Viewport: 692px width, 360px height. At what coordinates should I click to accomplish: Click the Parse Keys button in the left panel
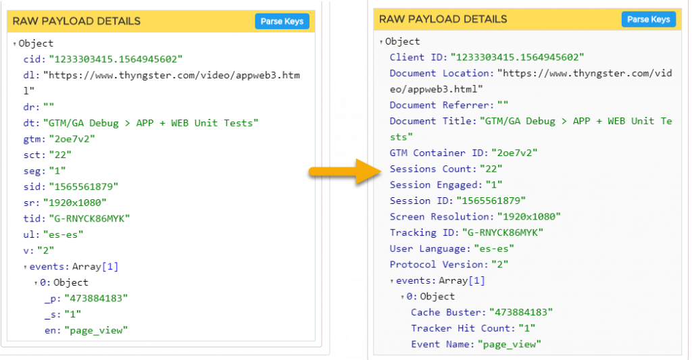pyautogui.click(x=282, y=21)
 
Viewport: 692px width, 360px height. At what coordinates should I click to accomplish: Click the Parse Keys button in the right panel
pyautogui.click(x=649, y=20)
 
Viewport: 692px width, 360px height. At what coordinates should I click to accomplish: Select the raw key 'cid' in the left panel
pyautogui.click(x=33, y=59)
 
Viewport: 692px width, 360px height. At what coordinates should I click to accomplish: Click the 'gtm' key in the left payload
pyautogui.click(x=33, y=139)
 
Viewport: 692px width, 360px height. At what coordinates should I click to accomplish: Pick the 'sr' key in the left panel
pyautogui.click(x=30, y=203)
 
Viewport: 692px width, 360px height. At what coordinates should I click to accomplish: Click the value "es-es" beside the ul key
pyautogui.click(x=63, y=234)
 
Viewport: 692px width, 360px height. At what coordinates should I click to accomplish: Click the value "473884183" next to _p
pyautogui.click(x=96, y=299)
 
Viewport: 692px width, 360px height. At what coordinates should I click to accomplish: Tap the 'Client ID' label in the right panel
pyautogui.click(x=416, y=57)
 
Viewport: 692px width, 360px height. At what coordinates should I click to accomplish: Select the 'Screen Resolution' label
pyautogui.click(x=440, y=217)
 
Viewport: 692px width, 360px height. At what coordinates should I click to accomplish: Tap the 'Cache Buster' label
pyautogui.click(x=447, y=312)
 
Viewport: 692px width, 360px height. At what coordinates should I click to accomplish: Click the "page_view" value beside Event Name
pyautogui.click(x=510, y=344)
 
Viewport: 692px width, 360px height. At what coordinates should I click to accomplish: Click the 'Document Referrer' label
pyautogui.click(x=440, y=105)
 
